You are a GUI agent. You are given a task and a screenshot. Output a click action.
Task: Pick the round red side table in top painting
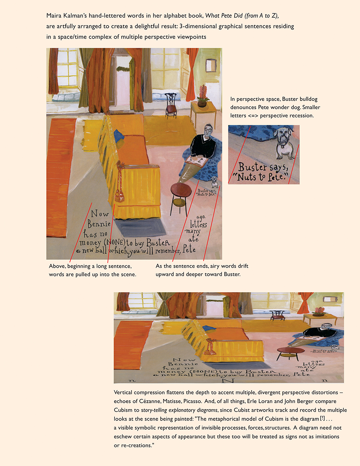point(181,190)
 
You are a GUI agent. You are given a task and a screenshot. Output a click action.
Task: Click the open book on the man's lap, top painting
point(196,161)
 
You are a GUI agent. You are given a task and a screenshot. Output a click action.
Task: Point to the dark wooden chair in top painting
point(171,105)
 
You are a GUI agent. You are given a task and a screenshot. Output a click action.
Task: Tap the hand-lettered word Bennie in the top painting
point(99,224)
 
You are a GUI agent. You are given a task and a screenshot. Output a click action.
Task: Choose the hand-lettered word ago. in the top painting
point(201,217)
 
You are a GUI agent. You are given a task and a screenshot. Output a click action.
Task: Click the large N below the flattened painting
point(228,381)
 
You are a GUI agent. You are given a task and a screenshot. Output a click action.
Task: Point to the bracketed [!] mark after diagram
point(322,418)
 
